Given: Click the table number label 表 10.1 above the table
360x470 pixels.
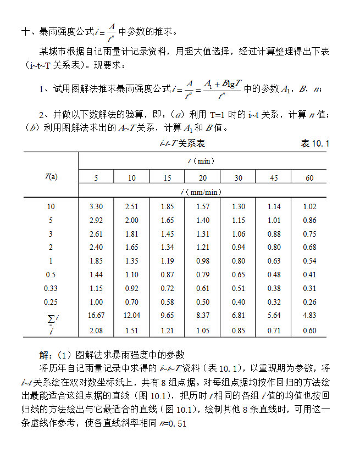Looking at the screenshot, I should [x=315, y=144].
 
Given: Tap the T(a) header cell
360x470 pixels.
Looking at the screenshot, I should [x=51, y=176].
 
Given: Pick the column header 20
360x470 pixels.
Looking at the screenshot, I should [x=202, y=178].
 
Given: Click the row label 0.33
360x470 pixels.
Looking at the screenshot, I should [x=51, y=288].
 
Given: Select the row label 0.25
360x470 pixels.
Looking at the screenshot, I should [x=51, y=301].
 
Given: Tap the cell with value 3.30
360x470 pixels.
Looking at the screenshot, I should [x=96, y=207].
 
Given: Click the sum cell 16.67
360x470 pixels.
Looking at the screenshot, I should [x=96, y=316].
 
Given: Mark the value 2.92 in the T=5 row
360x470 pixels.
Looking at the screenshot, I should [x=96, y=221].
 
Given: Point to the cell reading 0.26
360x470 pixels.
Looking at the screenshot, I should [x=309, y=302].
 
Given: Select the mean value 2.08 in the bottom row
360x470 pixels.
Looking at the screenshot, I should [x=96, y=331].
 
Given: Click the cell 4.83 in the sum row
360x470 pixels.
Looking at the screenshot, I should [x=309, y=316].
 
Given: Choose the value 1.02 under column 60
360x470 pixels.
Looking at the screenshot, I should [x=309, y=207].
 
